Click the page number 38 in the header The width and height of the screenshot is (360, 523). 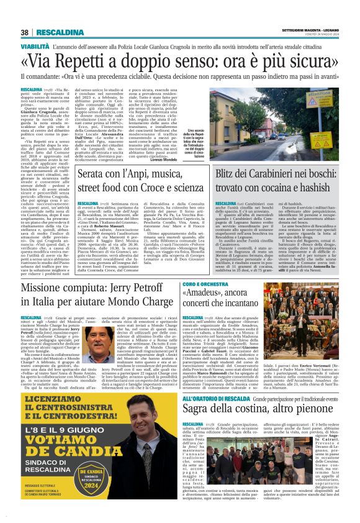click(x=24, y=32)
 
